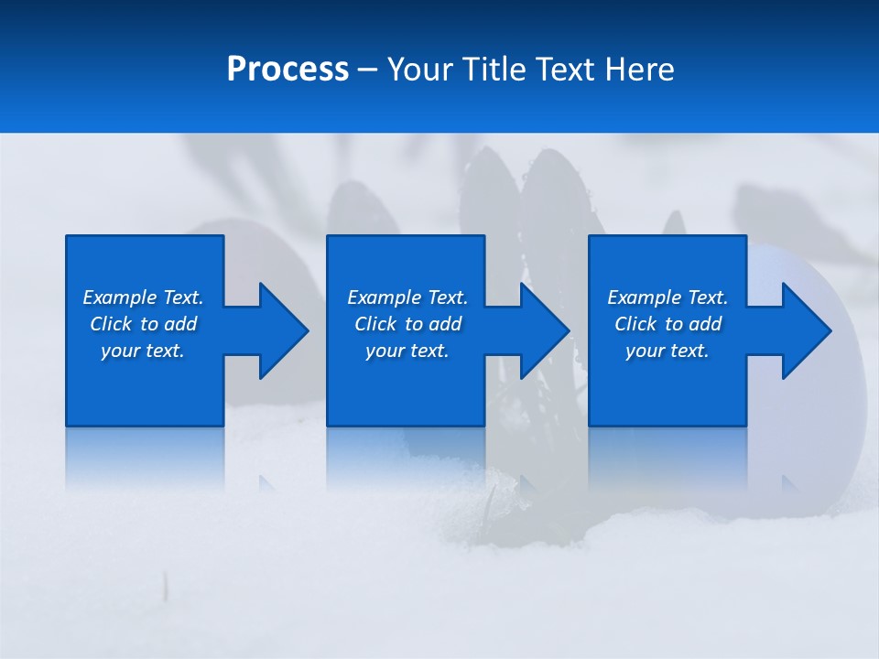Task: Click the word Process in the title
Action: pos(288,70)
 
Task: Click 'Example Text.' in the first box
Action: pos(143,297)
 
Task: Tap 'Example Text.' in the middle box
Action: pos(407,297)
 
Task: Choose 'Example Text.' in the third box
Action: pos(667,297)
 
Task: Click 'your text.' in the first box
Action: pos(143,351)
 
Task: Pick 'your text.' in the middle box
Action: pos(407,351)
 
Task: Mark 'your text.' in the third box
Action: pos(667,351)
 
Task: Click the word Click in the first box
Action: pos(111,324)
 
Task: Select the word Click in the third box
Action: pos(635,324)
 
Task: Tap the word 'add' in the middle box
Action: pos(445,324)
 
